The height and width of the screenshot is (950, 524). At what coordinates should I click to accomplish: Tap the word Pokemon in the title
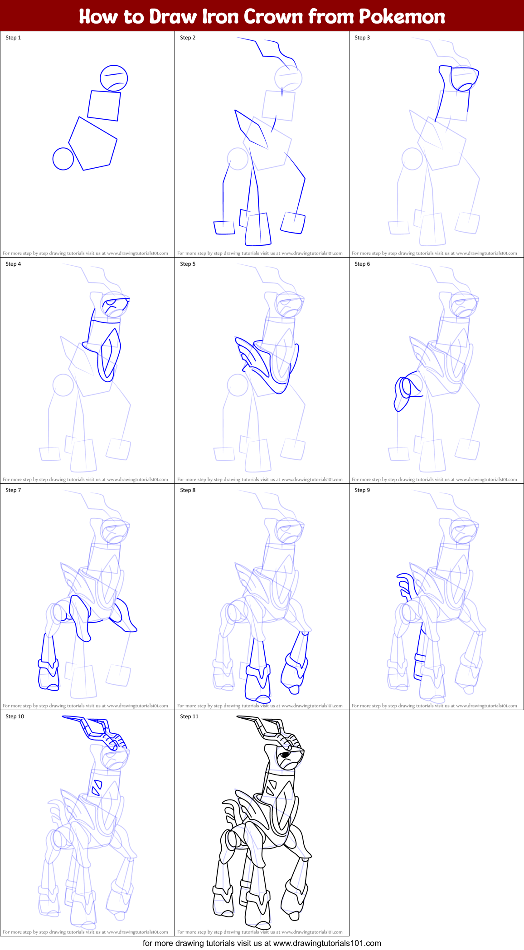(x=402, y=17)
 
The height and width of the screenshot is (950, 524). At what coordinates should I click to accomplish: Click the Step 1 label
(x=13, y=38)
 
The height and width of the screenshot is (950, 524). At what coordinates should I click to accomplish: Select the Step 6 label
(x=362, y=264)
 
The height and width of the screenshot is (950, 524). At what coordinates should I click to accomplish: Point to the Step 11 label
(x=189, y=716)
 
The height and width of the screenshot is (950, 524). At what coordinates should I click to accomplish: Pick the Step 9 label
(x=362, y=490)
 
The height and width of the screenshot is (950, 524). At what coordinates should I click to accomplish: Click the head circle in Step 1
(x=114, y=78)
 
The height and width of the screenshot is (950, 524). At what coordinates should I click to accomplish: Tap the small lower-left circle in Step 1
(x=63, y=159)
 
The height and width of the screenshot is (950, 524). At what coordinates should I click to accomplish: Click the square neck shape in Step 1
(x=104, y=106)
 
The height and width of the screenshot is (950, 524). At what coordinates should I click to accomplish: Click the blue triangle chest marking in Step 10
(x=96, y=788)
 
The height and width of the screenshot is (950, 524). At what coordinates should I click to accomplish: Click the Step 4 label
(x=13, y=264)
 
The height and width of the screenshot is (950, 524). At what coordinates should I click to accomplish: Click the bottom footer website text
(x=262, y=943)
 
